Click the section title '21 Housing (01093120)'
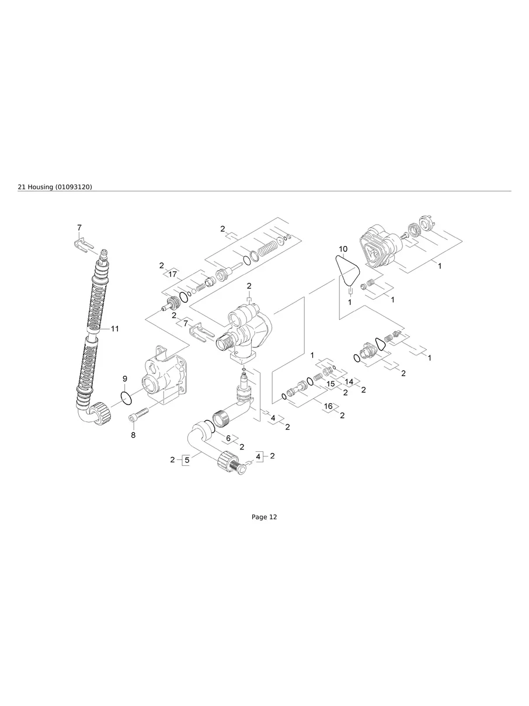[x=55, y=186]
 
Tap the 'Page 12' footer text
[x=264, y=517]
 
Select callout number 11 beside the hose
[x=114, y=329]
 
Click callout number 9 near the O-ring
[x=124, y=379]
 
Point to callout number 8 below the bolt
[x=133, y=435]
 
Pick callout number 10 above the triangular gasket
[x=343, y=249]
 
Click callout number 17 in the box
[x=172, y=274]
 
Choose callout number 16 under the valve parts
[x=328, y=406]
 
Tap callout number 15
[x=330, y=384]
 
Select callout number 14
[x=349, y=381]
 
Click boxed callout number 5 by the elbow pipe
[x=187, y=460]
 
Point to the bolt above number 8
[x=139, y=416]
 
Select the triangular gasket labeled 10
[x=347, y=270]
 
